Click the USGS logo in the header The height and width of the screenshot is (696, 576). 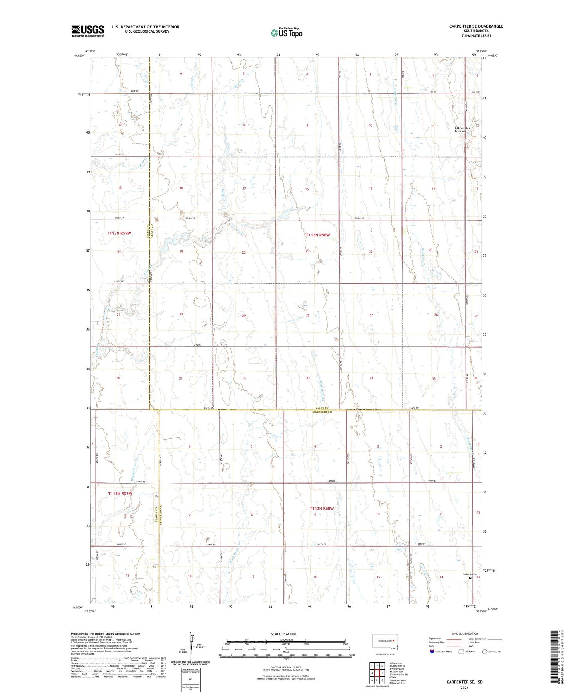pos(88,30)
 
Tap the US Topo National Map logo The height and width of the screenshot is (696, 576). pos(286,33)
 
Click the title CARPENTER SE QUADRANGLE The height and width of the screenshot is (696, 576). pos(476,26)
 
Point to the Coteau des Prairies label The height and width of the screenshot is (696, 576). pos(462,130)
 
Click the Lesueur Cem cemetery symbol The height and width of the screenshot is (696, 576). pos(470,578)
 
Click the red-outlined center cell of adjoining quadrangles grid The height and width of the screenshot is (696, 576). pos(377,673)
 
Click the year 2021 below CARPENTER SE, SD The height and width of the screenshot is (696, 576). pos(464,688)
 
